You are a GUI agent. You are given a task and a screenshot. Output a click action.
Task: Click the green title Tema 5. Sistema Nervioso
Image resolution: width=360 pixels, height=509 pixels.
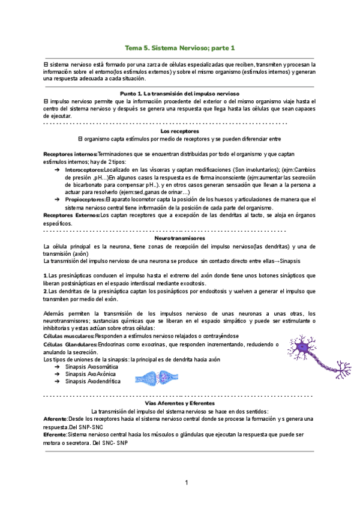pos(179,47)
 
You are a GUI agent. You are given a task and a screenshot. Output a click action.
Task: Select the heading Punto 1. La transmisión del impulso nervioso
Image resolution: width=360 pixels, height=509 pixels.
pos(179,94)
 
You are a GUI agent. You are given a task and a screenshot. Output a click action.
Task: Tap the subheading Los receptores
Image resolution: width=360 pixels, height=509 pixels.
pos(179,130)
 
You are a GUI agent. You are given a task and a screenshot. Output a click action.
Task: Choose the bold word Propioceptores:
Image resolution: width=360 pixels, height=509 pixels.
pos(85,199)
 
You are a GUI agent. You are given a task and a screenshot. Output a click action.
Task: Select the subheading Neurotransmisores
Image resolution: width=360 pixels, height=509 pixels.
pos(179,238)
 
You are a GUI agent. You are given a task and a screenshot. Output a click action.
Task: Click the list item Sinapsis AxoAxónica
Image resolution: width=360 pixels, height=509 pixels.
pos(91,373)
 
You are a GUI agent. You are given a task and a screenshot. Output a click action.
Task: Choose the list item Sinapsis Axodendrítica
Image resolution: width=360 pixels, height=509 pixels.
pos(93,381)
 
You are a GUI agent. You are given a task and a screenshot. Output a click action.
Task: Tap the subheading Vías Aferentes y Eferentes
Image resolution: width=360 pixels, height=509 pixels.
pos(179,404)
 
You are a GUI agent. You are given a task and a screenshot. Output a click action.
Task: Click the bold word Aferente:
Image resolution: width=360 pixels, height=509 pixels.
pos(56,418)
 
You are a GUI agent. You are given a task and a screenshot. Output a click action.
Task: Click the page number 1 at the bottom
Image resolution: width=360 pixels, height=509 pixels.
pos(187,483)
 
